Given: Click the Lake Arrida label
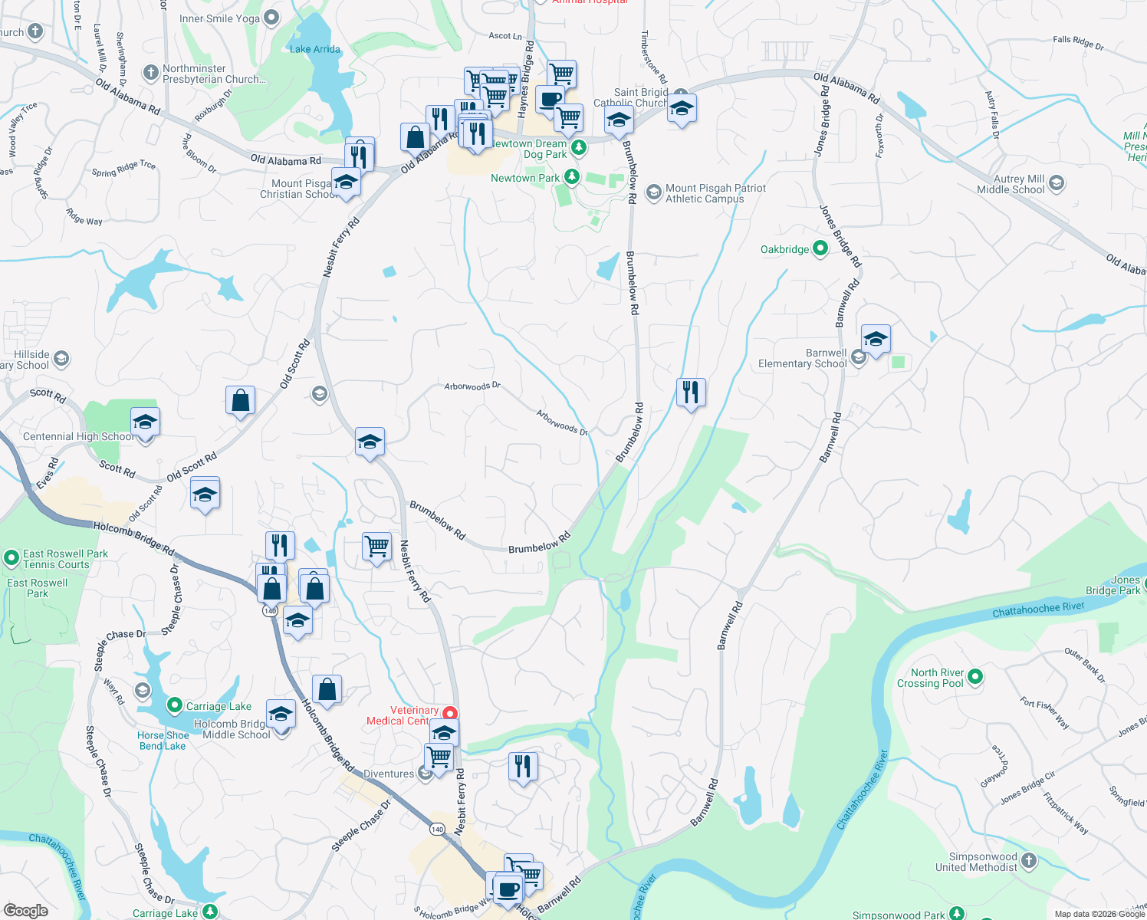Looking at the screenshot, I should tap(314, 49).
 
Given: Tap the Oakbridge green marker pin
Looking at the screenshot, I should tap(820, 248).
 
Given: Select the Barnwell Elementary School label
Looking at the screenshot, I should tap(802, 359).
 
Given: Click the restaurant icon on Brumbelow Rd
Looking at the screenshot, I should tap(691, 393).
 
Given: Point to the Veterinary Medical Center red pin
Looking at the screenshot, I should tap(451, 714).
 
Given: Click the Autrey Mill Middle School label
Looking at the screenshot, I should tap(1010, 184).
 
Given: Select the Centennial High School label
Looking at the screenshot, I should tap(77, 436).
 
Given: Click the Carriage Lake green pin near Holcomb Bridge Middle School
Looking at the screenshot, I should tap(174, 705).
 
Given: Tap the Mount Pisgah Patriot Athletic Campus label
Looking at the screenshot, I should tap(715, 193).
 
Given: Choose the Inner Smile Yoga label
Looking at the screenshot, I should tap(219, 18).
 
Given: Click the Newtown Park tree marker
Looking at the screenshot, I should tap(571, 177).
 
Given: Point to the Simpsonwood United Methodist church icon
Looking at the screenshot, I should tap(1029, 861).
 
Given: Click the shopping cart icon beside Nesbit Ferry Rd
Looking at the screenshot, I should tap(376, 547).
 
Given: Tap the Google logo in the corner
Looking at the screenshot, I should tap(25, 911).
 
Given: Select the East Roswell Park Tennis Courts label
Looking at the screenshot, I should tap(65, 559).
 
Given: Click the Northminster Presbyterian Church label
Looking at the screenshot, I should tap(214, 74).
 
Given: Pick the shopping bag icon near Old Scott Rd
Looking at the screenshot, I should tap(240, 401).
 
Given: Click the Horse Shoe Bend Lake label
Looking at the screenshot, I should tap(163, 741).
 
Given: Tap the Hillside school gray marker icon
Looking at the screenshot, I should tap(61, 358).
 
